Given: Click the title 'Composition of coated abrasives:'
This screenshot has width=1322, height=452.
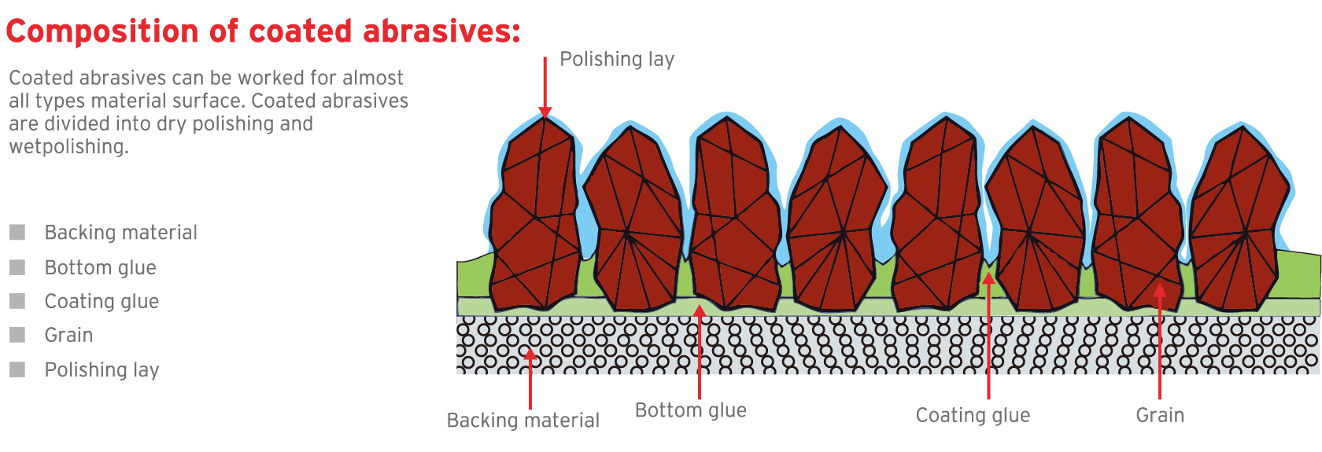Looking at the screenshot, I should click(x=263, y=31).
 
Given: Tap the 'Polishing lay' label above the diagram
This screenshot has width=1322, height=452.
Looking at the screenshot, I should click(x=617, y=60).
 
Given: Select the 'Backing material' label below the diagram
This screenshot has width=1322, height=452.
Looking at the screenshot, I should click(x=523, y=421).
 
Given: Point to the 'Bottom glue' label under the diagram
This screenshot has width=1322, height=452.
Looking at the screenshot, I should click(x=690, y=410).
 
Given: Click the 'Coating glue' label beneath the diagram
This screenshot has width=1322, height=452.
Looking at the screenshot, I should click(x=973, y=415).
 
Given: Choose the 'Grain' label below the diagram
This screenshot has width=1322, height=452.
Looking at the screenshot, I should click(x=1160, y=415).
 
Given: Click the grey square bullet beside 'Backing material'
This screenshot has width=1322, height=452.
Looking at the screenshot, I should click(x=17, y=233).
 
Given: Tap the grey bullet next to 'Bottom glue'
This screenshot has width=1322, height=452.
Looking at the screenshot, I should click(x=17, y=267).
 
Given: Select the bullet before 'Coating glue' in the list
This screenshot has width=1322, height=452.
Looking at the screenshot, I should click(x=17, y=301).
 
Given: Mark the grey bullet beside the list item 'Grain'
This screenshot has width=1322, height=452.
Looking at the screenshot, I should click(x=17, y=335).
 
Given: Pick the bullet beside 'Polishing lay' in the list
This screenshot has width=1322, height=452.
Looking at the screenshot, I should click(x=17, y=369).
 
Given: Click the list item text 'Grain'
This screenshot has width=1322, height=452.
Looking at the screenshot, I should click(x=68, y=336).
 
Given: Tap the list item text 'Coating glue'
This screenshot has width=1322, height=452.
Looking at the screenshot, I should click(x=102, y=302).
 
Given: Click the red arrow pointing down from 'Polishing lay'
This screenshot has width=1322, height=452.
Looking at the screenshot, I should click(x=545, y=86).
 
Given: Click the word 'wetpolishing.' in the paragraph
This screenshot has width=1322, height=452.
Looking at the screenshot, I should click(x=68, y=147).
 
